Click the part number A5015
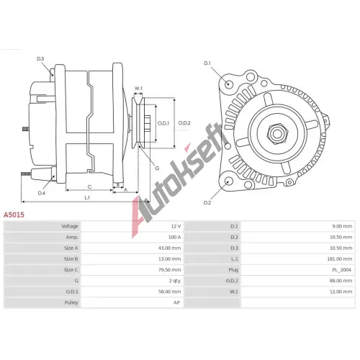(x=14, y=215)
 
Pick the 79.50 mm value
(x=169, y=270)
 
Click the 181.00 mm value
(x=341, y=259)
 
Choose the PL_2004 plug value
(x=341, y=270)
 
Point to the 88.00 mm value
(x=341, y=281)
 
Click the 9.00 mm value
(x=342, y=226)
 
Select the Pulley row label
(x=71, y=302)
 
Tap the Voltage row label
(x=70, y=226)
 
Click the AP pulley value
(x=176, y=302)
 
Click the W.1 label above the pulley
(x=138, y=89)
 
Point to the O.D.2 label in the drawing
(x=184, y=123)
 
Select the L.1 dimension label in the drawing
(x=87, y=197)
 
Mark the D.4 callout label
(x=42, y=193)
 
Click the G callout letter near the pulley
(x=157, y=168)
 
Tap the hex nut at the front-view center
(x=277, y=134)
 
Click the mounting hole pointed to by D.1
(x=229, y=84)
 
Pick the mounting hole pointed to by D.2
(x=229, y=181)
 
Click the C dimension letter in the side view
(x=89, y=187)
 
